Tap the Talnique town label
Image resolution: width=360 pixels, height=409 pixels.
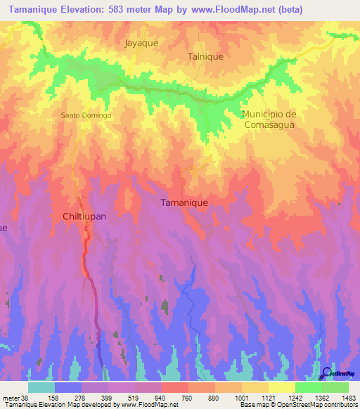coord(205,56)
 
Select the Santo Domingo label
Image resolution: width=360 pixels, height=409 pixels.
coord(86,115)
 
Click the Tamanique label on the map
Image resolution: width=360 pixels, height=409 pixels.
coord(184,202)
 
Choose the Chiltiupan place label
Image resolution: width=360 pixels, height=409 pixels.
coord(84,216)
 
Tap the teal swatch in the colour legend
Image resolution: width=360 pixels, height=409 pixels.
coord(41,388)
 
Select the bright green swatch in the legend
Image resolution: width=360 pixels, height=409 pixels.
coord(308,388)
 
